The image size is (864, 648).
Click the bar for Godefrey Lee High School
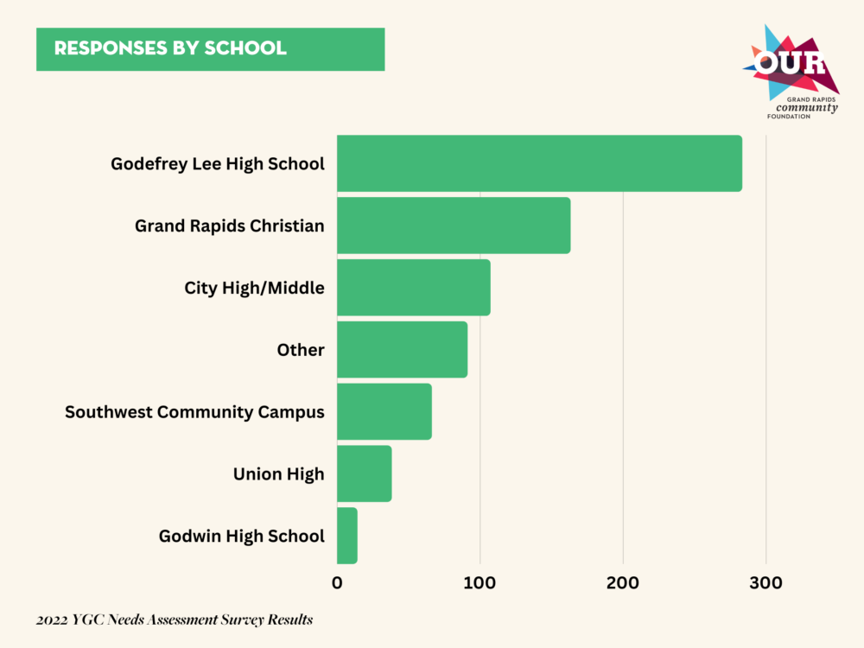[x=539, y=163]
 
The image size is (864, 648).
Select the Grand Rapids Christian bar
[x=454, y=226]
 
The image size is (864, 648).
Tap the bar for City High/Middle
[x=413, y=288]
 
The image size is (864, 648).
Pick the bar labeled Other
[x=402, y=350]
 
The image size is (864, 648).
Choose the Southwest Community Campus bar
[x=384, y=412]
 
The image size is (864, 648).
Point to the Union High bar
[x=364, y=473]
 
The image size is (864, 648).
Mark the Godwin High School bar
[x=346, y=536]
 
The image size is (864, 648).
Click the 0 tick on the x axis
[x=337, y=583]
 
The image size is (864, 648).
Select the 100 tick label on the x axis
[x=480, y=583]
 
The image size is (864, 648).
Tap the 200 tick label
[x=623, y=583]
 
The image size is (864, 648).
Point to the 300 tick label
[x=766, y=583]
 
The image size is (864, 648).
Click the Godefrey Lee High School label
[x=218, y=163]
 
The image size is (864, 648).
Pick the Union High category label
[x=278, y=473]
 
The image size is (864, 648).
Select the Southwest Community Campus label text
[x=194, y=412]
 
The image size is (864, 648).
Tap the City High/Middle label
[x=254, y=288]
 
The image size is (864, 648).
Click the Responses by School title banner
[x=210, y=48]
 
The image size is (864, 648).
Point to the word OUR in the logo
[x=790, y=64]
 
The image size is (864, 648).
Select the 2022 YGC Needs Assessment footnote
[x=174, y=619]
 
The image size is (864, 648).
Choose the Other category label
[x=301, y=350]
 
